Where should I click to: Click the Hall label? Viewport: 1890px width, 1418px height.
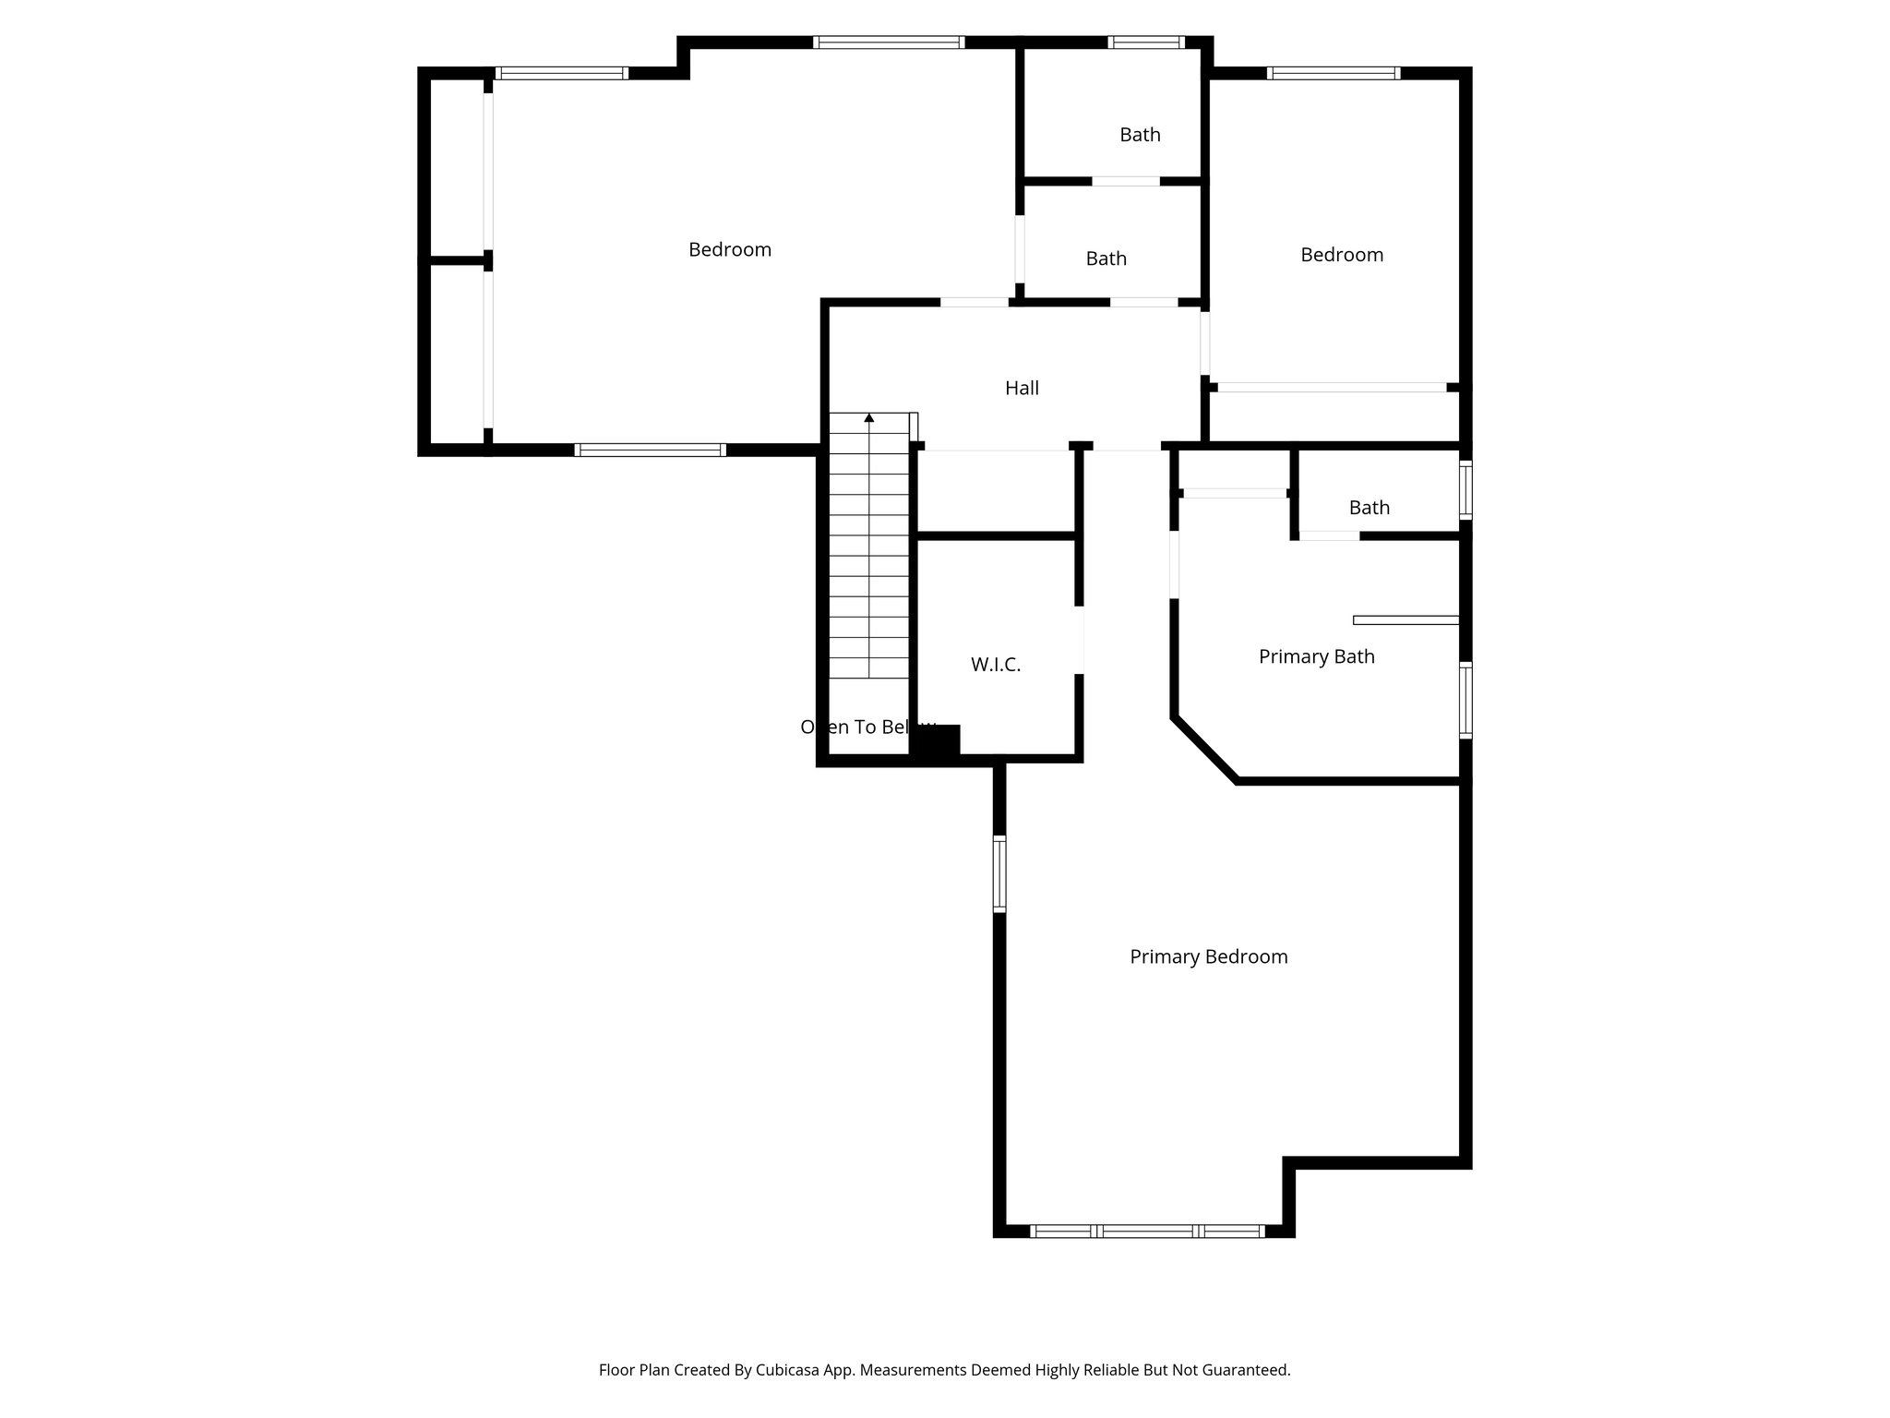(1022, 389)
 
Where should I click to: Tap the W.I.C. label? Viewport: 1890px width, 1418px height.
(995, 665)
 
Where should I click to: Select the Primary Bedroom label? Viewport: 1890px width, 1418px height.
(1208, 957)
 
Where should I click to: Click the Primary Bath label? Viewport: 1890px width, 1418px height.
(1316, 656)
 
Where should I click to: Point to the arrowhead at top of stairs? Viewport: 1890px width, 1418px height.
(868, 418)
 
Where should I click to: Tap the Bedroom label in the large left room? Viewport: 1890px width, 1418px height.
(729, 249)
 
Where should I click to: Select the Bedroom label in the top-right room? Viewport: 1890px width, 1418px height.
(1341, 255)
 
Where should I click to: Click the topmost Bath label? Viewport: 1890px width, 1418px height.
(1140, 135)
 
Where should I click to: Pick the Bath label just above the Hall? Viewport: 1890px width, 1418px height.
(1106, 258)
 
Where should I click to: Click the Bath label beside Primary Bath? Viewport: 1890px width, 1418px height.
(1369, 508)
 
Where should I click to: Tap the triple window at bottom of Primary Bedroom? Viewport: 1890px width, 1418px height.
(1146, 1231)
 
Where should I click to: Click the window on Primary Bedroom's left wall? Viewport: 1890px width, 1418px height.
(999, 873)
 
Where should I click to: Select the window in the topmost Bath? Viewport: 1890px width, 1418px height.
(1145, 42)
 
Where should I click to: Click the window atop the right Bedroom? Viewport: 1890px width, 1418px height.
(1333, 73)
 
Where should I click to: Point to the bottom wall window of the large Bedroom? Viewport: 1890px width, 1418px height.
(650, 450)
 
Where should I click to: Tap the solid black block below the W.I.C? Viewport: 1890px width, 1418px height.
(937, 741)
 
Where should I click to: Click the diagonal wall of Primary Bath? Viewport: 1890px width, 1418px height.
(1204, 749)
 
